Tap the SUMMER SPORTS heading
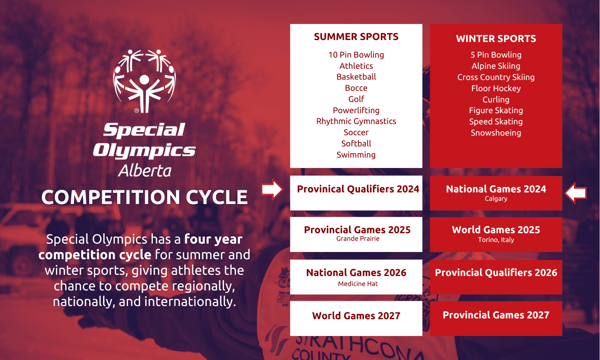pos(356,37)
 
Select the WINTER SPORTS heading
pos(496,38)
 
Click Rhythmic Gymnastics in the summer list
pos(356,121)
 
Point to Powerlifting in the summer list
pos(356,110)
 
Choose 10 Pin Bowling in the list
pos(356,55)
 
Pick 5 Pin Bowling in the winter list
pos(496,55)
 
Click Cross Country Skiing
pos(496,77)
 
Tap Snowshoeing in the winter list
pos(496,133)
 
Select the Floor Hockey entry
pos(496,88)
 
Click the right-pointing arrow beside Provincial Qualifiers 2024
pos(272,189)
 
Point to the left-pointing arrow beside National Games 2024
pos(575,193)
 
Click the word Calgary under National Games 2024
pos(496,199)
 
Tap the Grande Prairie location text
pos(358,239)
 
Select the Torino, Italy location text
pos(496,240)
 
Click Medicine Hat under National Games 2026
pos(358,284)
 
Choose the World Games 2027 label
pos(356,316)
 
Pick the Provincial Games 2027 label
pos(496,315)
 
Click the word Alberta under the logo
pos(145,171)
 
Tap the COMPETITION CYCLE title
pos(145,197)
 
